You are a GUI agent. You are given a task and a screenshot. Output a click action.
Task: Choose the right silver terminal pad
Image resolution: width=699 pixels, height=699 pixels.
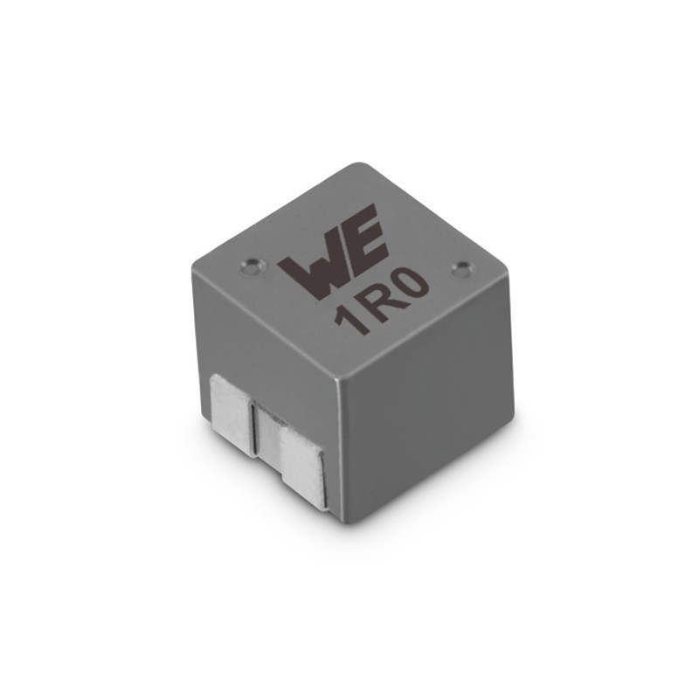click(x=301, y=463)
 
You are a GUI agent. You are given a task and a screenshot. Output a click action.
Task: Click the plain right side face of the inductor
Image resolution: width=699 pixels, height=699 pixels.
click(x=428, y=419)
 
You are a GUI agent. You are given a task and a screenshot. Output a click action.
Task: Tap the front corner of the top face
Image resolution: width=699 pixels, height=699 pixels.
click(x=339, y=376)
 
